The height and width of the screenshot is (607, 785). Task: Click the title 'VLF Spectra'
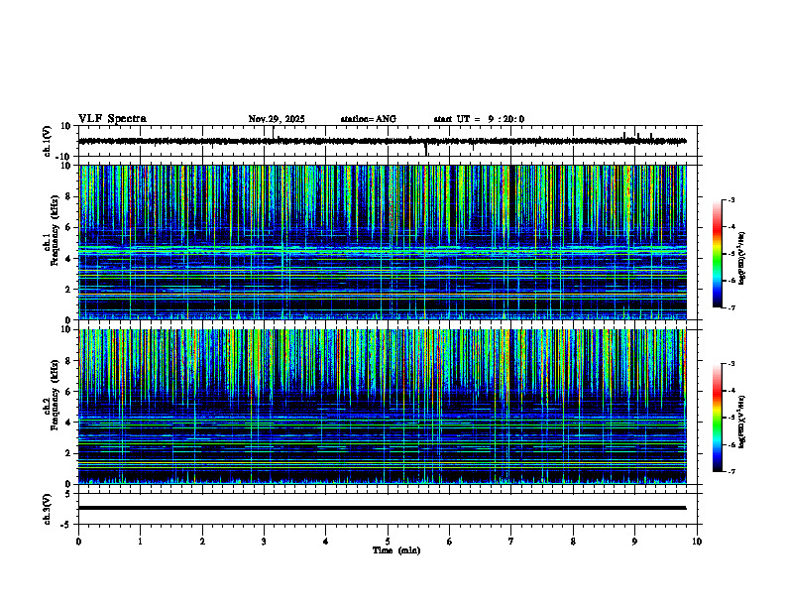point(112,119)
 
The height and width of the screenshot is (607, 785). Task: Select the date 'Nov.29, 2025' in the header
point(277,119)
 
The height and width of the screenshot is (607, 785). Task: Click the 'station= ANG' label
point(368,119)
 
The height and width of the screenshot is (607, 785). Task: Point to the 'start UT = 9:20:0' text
point(479,119)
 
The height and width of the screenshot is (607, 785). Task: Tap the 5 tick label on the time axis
point(388,541)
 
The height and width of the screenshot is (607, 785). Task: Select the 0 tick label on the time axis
point(78,541)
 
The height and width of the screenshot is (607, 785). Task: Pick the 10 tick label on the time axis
point(697,541)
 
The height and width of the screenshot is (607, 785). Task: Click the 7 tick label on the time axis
point(511,541)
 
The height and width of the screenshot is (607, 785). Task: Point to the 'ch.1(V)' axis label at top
point(47,141)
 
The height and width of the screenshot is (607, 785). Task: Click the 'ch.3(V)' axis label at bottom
point(47,508)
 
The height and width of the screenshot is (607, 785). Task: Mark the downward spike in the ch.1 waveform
point(426,151)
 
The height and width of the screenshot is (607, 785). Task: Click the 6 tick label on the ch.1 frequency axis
point(68,227)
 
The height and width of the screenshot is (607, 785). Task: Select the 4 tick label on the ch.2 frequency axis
point(68,422)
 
